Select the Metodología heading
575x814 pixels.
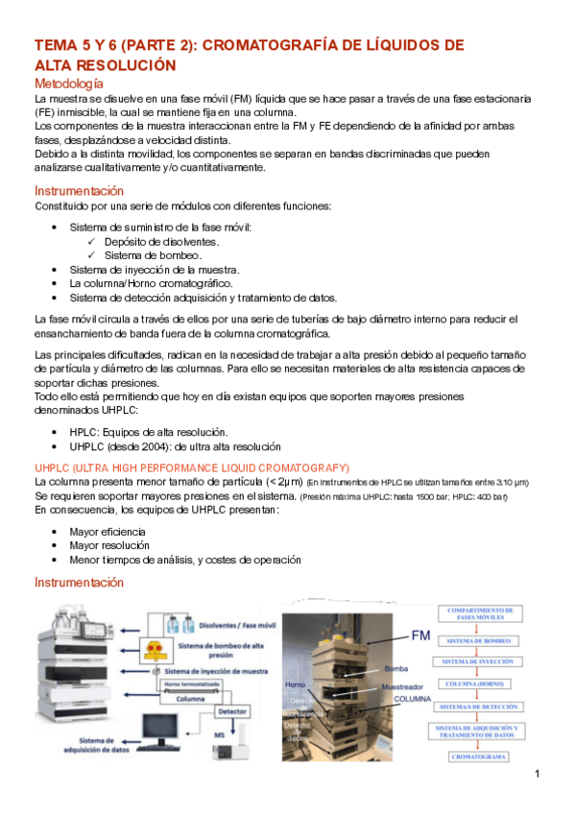click(x=75, y=84)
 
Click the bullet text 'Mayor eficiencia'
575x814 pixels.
click(x=108, y=531)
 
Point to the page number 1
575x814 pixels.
click(x=539, y=775)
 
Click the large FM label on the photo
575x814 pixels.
click(x=420, y=635)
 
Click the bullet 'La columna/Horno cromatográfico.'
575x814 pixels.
click(x=151, y=283)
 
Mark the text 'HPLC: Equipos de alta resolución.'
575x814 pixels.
click(x=149, y=432)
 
